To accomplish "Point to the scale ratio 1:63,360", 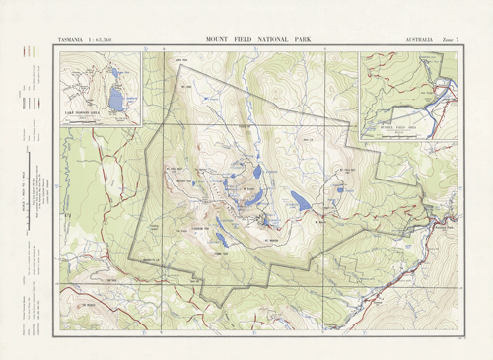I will [116, 40].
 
